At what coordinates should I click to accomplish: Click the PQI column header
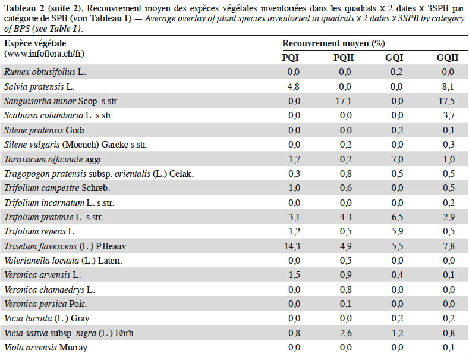(x=291, y=57)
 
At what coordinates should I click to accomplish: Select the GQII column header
(x=448, y=57)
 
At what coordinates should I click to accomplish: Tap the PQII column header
(x=344, y=57)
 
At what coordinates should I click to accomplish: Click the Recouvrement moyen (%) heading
(x=333, y=43)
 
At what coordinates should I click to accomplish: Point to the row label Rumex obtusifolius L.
(x=45, y=72)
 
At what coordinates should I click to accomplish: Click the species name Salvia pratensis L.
(x=39, y=87)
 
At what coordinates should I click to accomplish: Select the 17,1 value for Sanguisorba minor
(x=344, y=101)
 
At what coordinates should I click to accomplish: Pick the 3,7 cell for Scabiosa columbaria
(x=449, y=115)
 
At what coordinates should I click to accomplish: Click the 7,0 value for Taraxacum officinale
(x=397, y=159)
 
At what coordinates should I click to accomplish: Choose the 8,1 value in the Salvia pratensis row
(x=448, y=86)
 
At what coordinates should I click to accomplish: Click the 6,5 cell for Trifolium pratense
(x=397, y=217)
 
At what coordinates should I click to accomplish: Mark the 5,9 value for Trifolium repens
(x=397, y=231)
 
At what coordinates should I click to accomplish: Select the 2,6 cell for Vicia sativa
(x=345, y=333)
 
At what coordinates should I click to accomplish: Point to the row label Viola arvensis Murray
(x=46, y=348)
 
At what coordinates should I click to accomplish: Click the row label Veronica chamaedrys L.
(x=50, y=290)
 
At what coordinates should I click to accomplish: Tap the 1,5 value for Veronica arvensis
(x=294, y=275)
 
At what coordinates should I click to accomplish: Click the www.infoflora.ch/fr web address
(x=44, y=54)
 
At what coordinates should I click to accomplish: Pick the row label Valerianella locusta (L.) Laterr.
(x=64, y=261)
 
